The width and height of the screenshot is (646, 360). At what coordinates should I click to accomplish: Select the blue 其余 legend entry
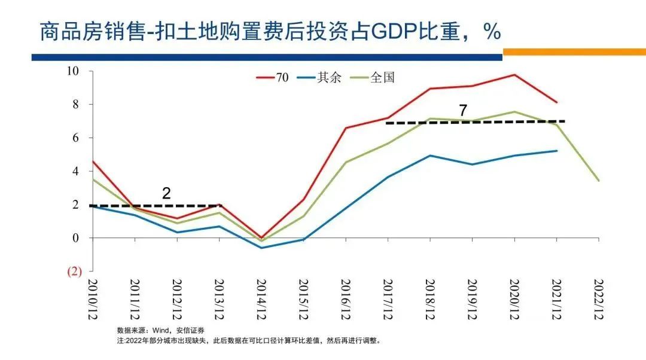(319, 78)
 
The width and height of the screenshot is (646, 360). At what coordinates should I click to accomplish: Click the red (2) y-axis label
(73, 271)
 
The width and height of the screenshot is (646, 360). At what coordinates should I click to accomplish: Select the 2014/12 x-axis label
(261, 299)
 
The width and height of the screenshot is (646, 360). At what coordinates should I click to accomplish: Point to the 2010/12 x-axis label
(92, 299)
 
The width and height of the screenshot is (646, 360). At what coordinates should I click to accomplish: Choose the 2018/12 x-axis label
(429, 299)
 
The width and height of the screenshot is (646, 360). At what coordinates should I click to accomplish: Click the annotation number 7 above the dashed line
(462, 111)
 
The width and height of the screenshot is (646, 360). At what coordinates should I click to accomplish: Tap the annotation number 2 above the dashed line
(167, 193)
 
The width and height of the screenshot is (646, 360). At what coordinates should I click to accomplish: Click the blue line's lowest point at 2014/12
(261, 248)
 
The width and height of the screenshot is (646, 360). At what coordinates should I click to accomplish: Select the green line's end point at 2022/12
(599, 181)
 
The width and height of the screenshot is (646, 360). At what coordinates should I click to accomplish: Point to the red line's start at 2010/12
(93, 161)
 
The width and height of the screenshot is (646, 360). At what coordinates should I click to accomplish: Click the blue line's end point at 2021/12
(557, 151)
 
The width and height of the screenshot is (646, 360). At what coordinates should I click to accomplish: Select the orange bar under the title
(574, 53)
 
